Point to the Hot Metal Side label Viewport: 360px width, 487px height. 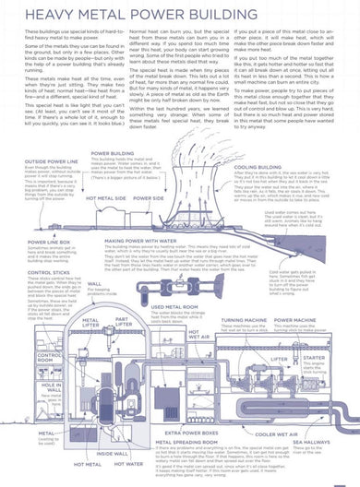point(107,197)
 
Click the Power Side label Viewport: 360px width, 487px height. point(149,197)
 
